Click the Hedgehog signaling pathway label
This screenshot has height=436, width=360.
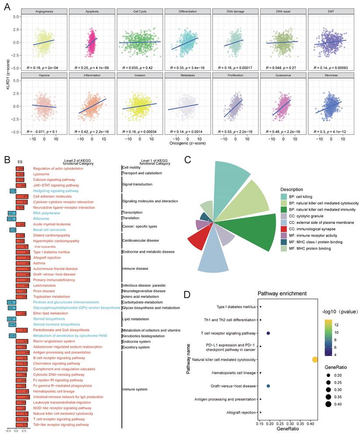point(56,191)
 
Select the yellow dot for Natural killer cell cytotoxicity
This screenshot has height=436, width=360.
point(315,360)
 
